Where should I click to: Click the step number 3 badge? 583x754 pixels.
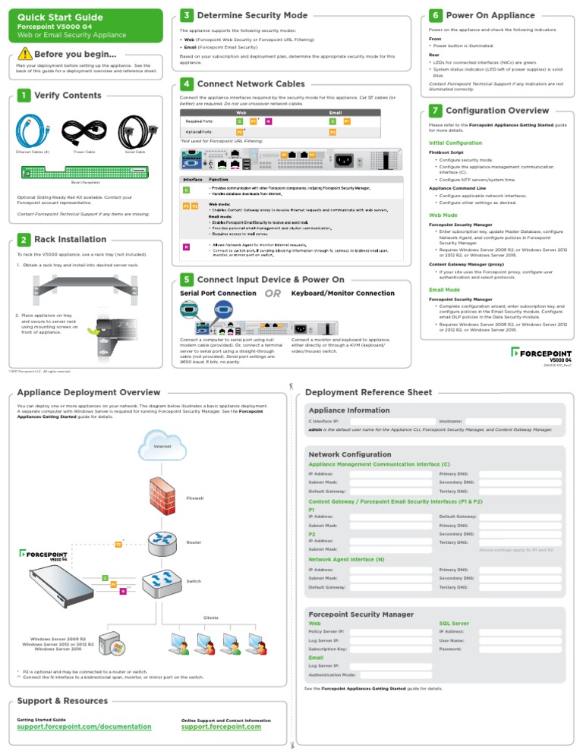[x=186, y=15]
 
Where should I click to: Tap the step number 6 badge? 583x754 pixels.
[x=435, y=15]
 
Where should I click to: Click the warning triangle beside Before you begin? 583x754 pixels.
[x=26, y=54]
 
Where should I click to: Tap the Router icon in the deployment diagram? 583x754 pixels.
[x=162, y=540]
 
